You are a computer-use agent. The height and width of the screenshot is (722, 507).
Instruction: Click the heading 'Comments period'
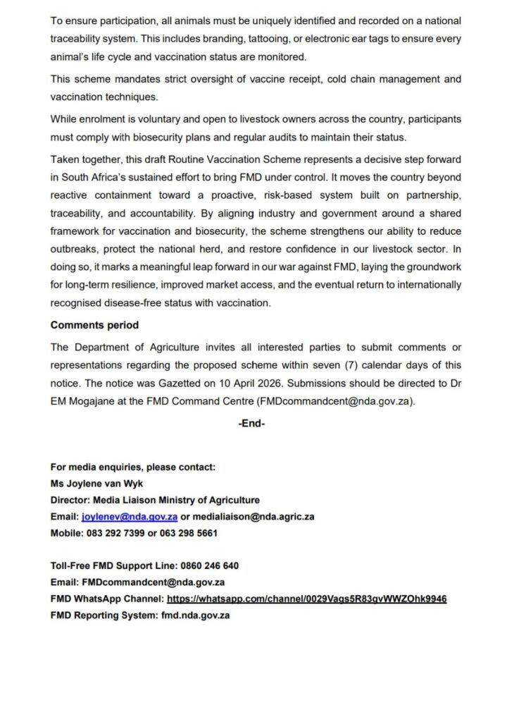click(94, 326)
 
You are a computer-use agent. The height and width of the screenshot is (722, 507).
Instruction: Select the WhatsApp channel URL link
click(306, 599)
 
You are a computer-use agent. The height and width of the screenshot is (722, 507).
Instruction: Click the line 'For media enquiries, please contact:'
click(133, 467)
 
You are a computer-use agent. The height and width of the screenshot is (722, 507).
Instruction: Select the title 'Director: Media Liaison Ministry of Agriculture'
click(156, 500)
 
